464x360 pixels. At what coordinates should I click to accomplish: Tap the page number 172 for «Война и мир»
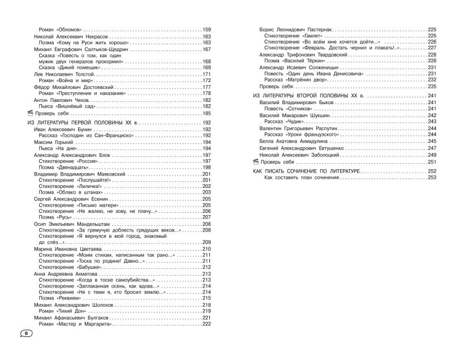click(206, 80)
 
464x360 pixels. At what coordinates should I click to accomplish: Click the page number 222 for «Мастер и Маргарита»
click(206, 324)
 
